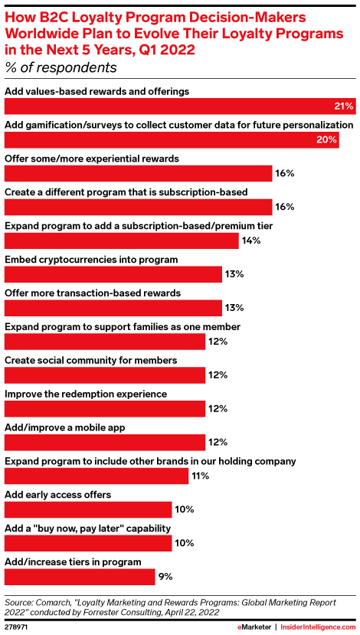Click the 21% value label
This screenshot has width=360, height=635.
[345, 106]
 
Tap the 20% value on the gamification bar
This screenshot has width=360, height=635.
[326, 139]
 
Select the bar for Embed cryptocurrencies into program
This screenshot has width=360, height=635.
[113, 274]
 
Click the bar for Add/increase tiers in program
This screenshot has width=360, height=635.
[80, 577]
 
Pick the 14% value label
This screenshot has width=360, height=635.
[251, 241]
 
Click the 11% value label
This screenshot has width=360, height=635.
[200, 476]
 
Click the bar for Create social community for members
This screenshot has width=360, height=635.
[105, 375]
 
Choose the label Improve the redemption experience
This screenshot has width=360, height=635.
[86, 394]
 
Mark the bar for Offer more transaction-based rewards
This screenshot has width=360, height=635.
[113, 308]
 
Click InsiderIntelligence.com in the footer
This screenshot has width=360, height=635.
[318, 627]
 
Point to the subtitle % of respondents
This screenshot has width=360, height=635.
[61, 67]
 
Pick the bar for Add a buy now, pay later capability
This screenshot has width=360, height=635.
[88, 543]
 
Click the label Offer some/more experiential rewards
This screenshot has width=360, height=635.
[91, 159]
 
